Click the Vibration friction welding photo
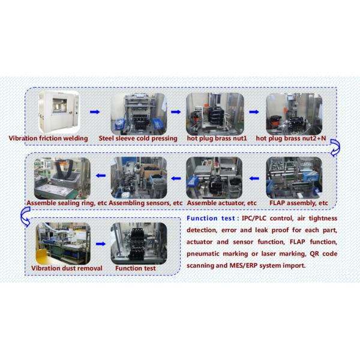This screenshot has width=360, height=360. click(57, 112)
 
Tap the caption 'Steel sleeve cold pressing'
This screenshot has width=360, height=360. click(143, 139)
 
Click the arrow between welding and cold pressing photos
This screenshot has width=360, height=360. click(94, 112)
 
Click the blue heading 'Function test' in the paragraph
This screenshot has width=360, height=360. click(212, 218)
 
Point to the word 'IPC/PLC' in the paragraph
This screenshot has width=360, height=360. click(256, 218)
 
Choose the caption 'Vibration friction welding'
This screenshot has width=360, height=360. click(49, 139)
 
